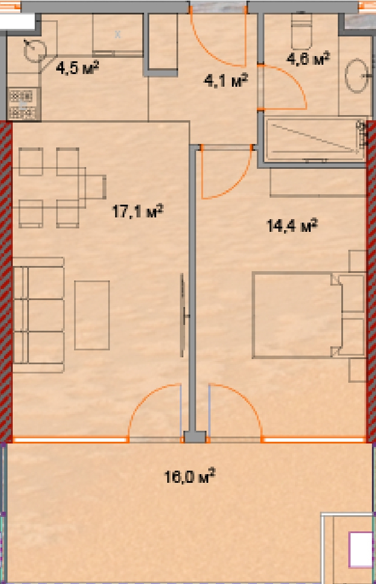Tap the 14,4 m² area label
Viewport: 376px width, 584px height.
point(292,225)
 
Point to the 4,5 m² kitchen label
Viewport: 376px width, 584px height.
point(77,68)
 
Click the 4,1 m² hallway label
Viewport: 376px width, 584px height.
point(226,80)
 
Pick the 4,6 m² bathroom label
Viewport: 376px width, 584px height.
point(308,58)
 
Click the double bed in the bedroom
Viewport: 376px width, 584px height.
point(297,315)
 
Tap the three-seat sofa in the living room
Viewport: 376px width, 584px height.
point(38,315)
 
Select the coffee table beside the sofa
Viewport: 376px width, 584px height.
point(91,315)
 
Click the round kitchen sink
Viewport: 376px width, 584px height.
point(35,51)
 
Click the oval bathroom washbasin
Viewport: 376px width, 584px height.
point(356,75)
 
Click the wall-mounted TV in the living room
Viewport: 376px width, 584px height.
point(183,315)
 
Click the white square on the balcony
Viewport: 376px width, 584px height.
point(361,549)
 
